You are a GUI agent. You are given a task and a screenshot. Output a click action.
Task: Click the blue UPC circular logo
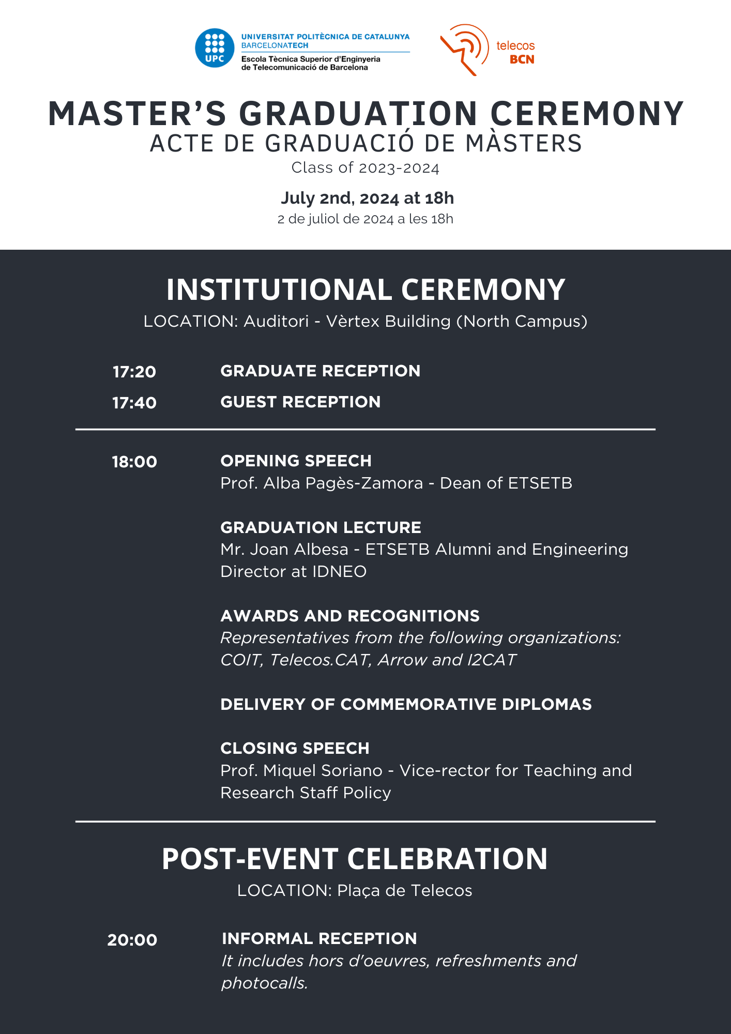coord(215,48)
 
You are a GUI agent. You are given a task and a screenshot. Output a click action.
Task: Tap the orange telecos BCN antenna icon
coord(464,49)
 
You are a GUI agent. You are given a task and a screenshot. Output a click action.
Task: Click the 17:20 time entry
coord(134,372)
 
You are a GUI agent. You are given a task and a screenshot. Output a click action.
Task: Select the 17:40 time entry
coord(134,403)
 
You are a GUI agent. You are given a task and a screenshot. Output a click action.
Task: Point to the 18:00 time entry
coord(134,462)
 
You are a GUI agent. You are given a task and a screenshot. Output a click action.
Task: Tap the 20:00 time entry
coord(132,939)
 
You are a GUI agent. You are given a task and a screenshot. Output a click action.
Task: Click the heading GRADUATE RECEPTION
coord(320,371)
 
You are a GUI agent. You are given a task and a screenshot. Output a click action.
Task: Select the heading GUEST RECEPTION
coord(300,402)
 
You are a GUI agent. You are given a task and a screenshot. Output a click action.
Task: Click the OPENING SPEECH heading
coord(296,461)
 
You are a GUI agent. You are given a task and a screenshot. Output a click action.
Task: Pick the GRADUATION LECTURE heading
coord(321,527)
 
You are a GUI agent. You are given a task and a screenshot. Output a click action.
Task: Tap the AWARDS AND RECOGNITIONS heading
coord(350,616)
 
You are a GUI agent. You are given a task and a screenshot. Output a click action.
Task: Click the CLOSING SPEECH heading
coord(295,748)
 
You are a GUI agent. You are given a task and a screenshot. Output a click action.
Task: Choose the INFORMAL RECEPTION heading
coord(319,938)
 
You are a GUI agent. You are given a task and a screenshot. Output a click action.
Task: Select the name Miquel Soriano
coord(323,770)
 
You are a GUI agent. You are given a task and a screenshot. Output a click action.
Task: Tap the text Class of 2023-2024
coord(365,168)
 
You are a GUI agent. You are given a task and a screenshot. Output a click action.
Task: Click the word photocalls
coord(264,983)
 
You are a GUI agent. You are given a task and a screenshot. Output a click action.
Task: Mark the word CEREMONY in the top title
coord(587,113)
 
